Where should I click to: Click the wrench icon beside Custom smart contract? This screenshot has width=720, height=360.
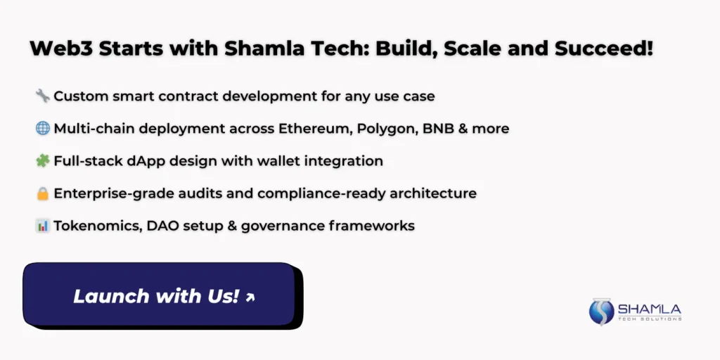click(x=43, y=96)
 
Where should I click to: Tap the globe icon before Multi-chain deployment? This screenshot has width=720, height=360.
click(x=43, y=129)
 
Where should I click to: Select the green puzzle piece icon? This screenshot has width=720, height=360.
click(x=43, y=161)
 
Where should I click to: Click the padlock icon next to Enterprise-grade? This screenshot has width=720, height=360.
click(x=43, y=193)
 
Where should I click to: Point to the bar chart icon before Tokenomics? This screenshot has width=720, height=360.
click(x=43, y=226)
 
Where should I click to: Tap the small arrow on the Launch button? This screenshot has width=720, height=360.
click(x=250, y=297)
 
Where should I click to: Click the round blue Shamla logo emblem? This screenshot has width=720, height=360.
click(x=601, y=311)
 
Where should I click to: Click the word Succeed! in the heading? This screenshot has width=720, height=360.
click(x=603, y=49)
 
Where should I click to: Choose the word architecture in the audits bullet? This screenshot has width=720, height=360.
click(x=433, y=193)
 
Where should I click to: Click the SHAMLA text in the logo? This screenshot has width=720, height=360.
click(x=649, y=309)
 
